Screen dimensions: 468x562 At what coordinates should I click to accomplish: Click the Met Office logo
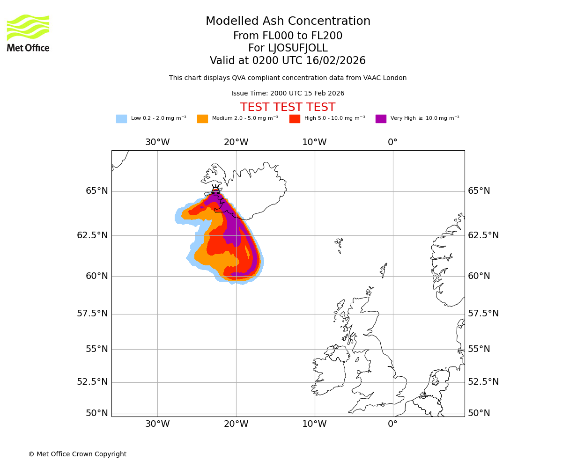pos(28,33)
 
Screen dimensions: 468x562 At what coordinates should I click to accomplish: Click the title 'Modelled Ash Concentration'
pos(288,22)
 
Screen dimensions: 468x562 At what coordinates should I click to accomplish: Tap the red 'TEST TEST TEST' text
pos(288,108)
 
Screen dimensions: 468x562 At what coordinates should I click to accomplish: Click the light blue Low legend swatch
pos(121,119)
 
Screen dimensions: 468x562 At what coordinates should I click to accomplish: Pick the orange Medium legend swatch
pos(202,119)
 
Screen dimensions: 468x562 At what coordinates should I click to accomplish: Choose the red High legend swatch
pos(295,119)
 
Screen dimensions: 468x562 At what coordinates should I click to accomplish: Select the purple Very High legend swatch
pos(381,119)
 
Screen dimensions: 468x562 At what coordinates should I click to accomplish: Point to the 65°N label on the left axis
pos(96,191)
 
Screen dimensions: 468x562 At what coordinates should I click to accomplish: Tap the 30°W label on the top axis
pos(157,142)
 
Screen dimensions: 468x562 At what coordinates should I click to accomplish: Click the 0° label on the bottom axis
pos(392,424)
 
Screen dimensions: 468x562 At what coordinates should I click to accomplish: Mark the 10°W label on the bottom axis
pos(314,424)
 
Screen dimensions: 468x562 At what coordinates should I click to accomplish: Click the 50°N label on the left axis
pos(96,413)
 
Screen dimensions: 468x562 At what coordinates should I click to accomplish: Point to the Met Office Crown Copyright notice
pos(77,454)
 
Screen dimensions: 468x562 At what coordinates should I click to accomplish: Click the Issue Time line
pos(288,94)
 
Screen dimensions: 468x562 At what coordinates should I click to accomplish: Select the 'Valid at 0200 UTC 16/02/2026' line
pos(288,61)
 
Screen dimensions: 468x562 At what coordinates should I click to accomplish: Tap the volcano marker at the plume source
pos(215,190)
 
